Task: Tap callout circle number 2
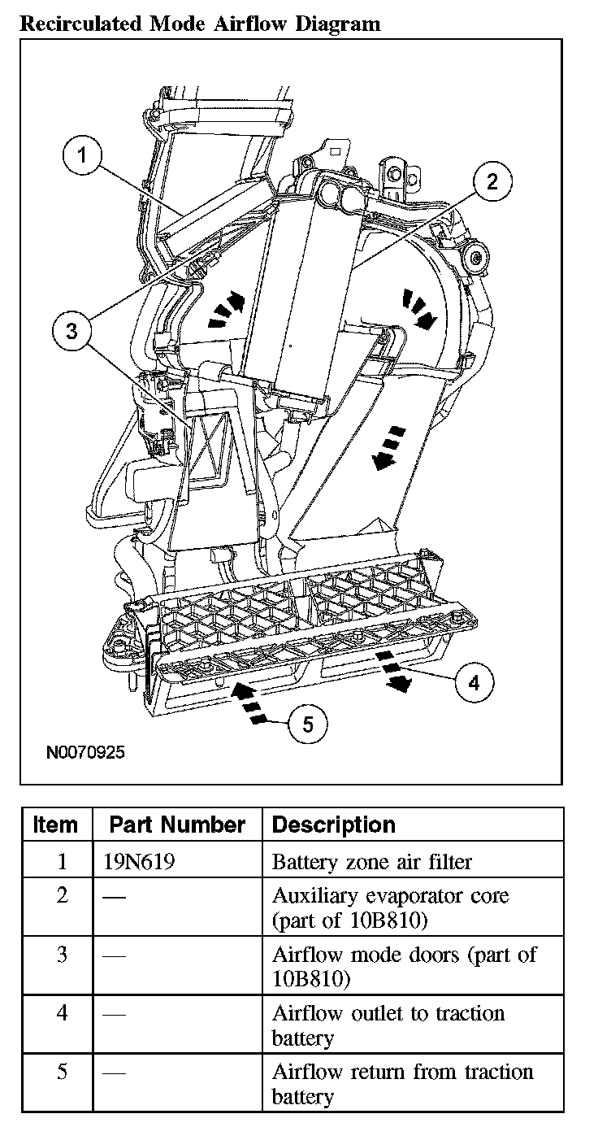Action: point(491,181)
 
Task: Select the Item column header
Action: point(56,825)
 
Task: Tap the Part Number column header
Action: point(177,825)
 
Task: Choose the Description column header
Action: point(333,825)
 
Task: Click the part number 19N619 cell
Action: point(139,861)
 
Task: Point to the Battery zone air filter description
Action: point(371,861)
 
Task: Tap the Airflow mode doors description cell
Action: point(404,965)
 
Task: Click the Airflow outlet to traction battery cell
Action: point(388,1025)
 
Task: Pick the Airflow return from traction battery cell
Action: point(402,1083)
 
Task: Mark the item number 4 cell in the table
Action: point(62,1013)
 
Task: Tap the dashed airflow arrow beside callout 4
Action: point(392,672)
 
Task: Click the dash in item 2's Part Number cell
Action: point(115,898)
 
